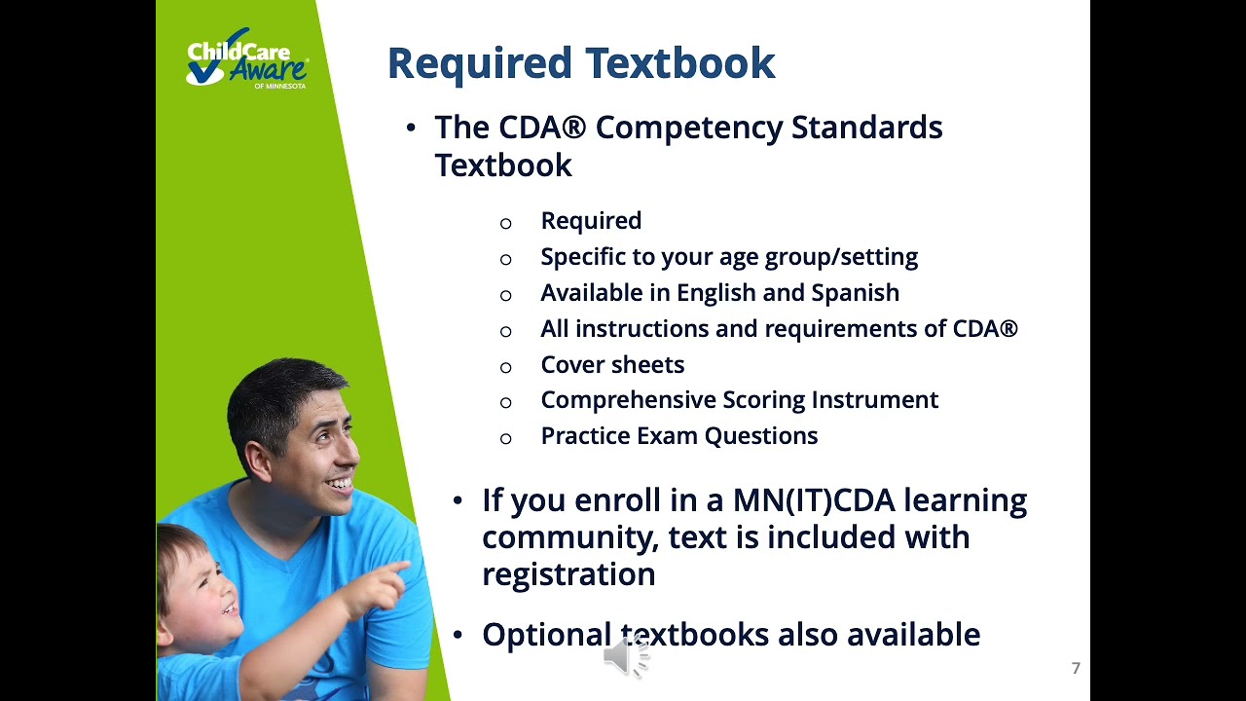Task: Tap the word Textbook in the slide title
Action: pyautogui.click(x=680, y=63)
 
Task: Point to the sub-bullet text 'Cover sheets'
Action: pyautogui.click(x=612, y=364)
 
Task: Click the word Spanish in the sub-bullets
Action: pyautogui.click(x=855, y=292)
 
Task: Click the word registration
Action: pyautogui.click(x=568, y=573)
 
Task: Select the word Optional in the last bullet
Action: pyautogui.click(x=546, y=635)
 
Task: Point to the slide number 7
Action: pyautogui.click(x=1076, y=668)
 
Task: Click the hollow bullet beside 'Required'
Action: pyautogui.click(x=505, y=224)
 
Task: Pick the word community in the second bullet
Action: pyautogui.click(x=569, y=536)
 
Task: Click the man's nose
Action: pyautogui.click(x=348, y=455)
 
